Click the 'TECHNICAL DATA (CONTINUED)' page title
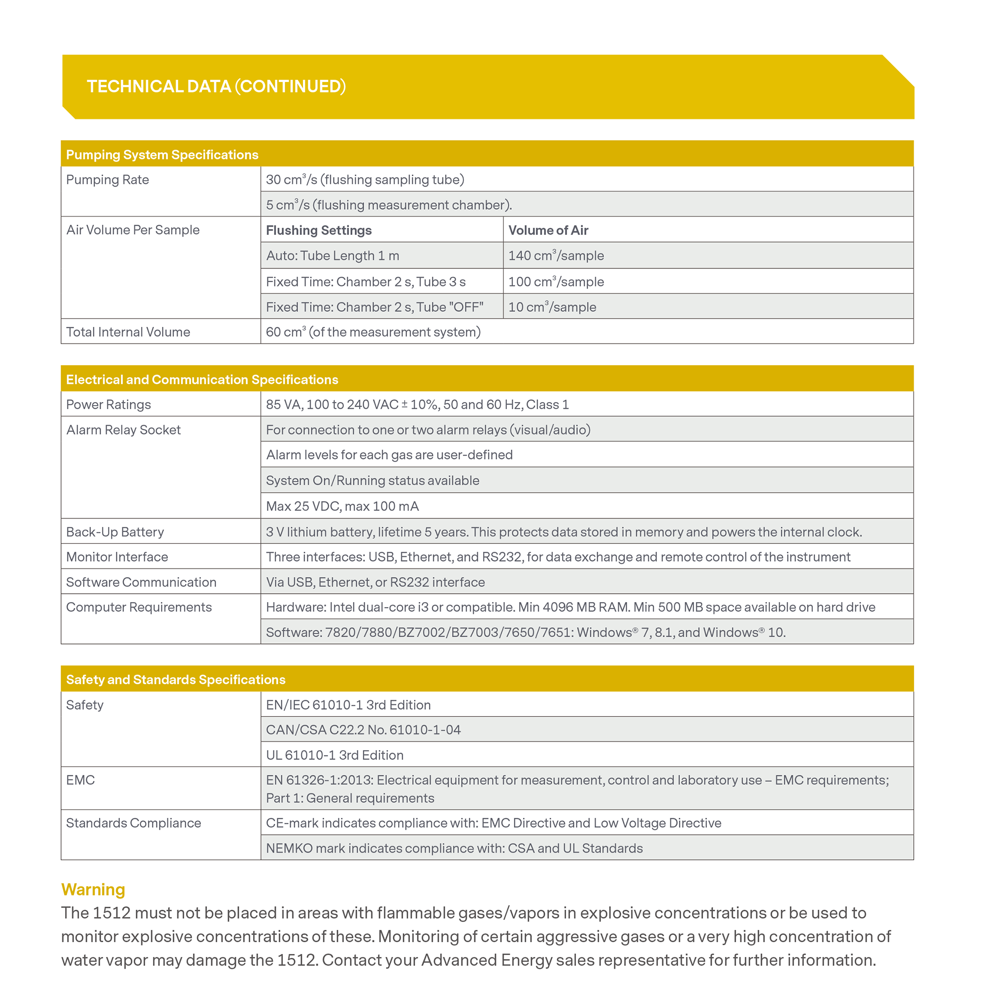[x=216, y=86]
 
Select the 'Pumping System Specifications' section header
[x=162, y=155]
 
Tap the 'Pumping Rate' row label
[x=107, y=180]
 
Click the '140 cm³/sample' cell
[x=556, y=256]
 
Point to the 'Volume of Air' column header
[x=548, y=230]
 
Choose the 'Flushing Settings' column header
[x=319, y=230]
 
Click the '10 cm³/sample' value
[x=552, y=307]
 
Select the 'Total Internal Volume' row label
[x=128, y=332]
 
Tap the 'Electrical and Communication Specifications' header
[x=202, y=380]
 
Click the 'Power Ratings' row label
[x=108, y=405]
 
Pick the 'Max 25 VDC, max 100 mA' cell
[x=342, y=506]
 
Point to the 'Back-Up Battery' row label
[x=115, y=532]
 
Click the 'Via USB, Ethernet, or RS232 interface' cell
[x=375, y=582]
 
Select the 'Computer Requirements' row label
[x=139, y=608]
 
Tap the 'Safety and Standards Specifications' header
[x=176, y=680]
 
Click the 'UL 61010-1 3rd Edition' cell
[x=335, y=755]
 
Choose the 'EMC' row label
[x=80, y=780]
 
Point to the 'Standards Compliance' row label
[x=133, y=823]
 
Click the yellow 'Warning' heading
[x=93, y=889]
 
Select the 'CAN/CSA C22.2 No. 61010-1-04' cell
[x=363, y=730]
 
